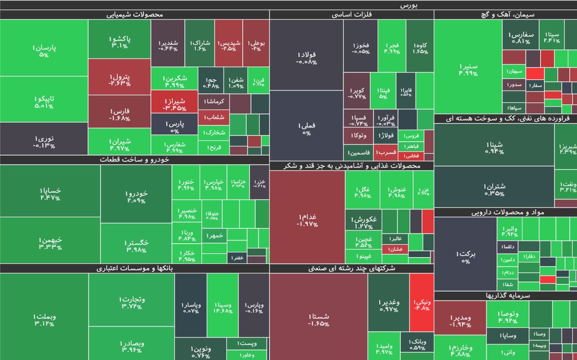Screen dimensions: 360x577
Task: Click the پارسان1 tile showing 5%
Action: (44, 51)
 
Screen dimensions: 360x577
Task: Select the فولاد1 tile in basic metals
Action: (306, 57)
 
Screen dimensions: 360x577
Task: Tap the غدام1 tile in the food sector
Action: (307, 220)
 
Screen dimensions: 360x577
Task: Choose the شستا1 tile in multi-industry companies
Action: (318, 320)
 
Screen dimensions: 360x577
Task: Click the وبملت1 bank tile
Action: (44, 320)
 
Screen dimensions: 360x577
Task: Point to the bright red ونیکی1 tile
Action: (421, 304)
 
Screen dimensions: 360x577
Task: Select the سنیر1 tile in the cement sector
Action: (467, 69)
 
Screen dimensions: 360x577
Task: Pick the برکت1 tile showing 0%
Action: (465, 257)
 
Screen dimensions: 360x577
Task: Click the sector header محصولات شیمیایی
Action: (135, 15)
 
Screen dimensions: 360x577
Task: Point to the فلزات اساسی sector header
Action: (351, 15)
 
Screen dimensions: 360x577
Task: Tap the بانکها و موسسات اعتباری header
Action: (135, 269)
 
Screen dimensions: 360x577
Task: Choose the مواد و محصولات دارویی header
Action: (505, 212)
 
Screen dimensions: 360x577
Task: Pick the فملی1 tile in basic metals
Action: (306, 128)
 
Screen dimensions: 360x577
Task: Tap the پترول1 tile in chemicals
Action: (119, 79)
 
